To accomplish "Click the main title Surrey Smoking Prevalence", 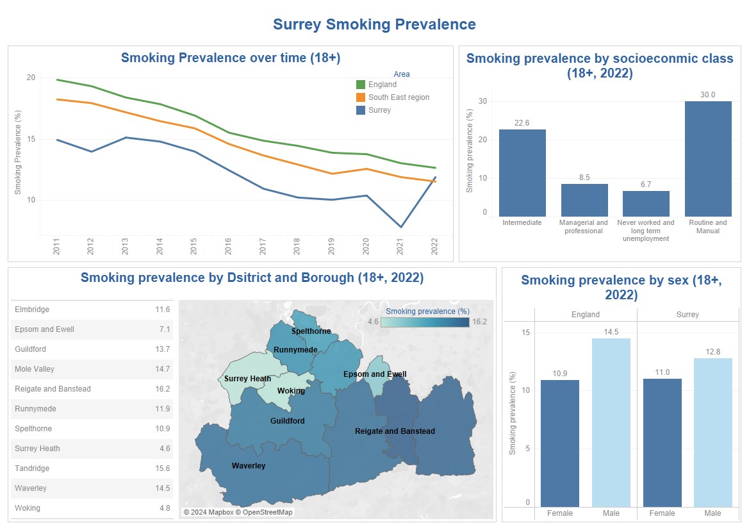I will [374, 24].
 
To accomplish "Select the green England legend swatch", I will [361, 85].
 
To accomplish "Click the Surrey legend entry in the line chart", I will [379, 110].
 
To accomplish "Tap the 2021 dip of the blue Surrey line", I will [401, 227].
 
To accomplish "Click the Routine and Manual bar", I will [708, 159].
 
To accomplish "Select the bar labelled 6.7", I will [646, 204].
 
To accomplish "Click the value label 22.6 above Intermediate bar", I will [522, 122].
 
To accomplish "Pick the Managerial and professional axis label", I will [584, 227].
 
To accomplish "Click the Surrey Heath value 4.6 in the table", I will [163, 449].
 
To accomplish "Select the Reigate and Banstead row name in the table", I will [53, 389].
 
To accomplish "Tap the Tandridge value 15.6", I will [163, 468].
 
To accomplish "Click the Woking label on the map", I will [291, 391].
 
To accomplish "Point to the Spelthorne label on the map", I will [311, 331].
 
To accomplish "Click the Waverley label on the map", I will [249, 466].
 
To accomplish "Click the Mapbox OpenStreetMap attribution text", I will [238, 513].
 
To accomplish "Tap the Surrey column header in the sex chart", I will [687, 315].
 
